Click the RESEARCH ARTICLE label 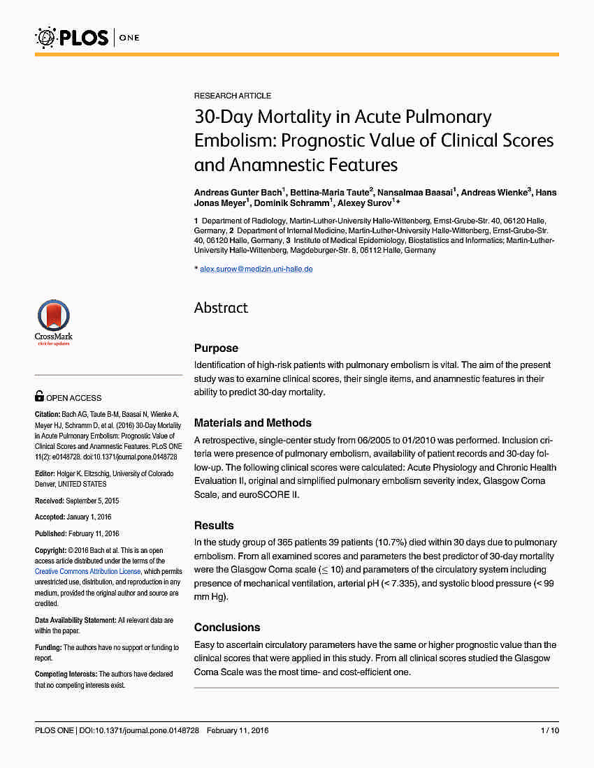[233, 96]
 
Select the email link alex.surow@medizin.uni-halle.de [256, 269]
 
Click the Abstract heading [221, 308]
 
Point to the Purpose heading [216, 348]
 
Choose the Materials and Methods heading [252, 422]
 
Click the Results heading [214, 525]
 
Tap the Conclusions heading [227, 627]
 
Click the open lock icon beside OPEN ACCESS [39, 397]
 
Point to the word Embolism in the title [234, 140]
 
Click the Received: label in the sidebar [50, 501]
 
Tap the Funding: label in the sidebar [48, 648]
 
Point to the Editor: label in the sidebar [45, 474]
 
